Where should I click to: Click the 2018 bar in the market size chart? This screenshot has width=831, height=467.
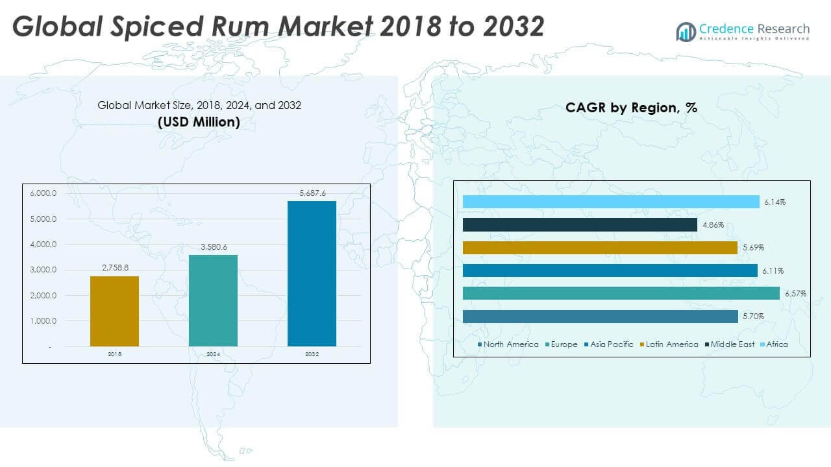point(114,311)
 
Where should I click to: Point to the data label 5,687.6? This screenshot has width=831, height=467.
point(312,193)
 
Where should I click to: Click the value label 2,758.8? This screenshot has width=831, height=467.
point(114,269)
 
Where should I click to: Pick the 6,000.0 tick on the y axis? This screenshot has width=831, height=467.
point(43,193)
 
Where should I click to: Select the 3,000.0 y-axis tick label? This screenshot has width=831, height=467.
point(43,270)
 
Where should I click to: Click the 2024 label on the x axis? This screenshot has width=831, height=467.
point(213,354)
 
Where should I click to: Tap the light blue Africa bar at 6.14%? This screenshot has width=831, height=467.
point(610,202)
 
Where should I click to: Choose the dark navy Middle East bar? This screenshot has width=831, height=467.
point(580,225)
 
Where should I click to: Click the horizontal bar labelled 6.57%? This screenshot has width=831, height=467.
point(621,293)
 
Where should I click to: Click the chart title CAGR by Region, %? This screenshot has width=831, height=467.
point(631,108)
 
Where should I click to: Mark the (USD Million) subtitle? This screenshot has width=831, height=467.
point(199,122)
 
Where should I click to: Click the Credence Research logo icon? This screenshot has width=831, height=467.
point(686,31)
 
